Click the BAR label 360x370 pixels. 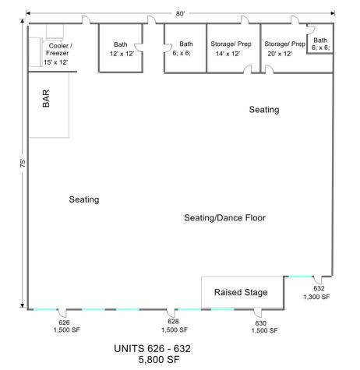46,98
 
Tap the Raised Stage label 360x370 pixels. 241,292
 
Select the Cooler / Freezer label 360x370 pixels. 58,49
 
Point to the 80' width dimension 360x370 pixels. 180,13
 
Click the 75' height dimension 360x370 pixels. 23,163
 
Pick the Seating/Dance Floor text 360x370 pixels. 224,217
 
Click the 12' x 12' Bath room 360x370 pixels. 121,48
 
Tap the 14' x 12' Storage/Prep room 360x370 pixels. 233,48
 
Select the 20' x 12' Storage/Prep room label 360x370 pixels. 284,49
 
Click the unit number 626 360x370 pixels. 64,322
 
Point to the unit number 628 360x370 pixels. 173,322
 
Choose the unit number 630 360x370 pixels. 260,323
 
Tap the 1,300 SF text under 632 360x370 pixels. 316,297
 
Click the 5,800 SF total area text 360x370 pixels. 159,360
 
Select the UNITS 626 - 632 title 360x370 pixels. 152,348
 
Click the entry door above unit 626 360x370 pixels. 62,312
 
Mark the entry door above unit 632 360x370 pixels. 317,280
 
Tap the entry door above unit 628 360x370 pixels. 171,312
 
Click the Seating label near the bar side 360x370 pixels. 84,199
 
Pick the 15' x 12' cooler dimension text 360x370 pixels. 55,62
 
